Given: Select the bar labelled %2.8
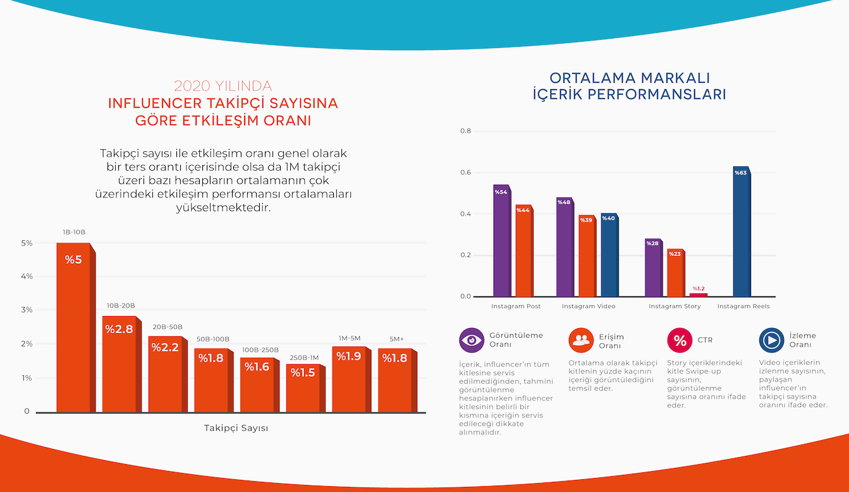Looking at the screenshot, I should (119, 364).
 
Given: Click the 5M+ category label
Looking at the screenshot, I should (396, 339).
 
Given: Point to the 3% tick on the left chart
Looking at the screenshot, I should (27, 310).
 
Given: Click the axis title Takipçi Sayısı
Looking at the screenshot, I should (236, 428).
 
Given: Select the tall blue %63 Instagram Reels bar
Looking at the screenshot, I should (741, 231).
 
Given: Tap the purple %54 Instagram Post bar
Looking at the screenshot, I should (501, 241).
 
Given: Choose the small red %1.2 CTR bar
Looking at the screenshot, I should (698, 295).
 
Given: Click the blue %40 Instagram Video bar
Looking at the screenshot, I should (609, 255).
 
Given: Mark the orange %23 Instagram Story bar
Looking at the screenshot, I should (675, 273).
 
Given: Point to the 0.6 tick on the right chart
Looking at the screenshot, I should (465, 173).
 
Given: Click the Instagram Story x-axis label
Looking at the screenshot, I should (675, 307).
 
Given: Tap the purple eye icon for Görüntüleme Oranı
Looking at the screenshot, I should (472, 340).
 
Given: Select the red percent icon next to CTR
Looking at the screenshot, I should (680, 340).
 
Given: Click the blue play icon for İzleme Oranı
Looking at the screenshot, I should (771, 340).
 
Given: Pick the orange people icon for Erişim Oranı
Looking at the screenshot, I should (580, 340).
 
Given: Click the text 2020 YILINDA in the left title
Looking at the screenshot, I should (223, 86).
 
